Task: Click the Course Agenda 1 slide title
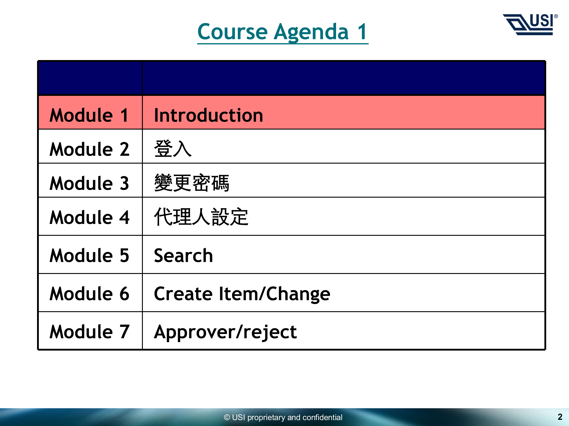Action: pos(283,32)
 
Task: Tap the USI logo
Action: pos(530,25)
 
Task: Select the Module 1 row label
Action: pos(89,115)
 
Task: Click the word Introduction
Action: pos(208,115)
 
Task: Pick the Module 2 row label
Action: pos(89,149)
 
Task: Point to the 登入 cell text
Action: pos(173,149)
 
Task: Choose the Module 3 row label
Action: pos(89,183)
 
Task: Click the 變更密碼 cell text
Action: pos(192,183)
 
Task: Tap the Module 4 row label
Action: pos(89,217)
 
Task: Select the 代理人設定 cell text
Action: pos(201,217)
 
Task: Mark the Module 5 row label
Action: pos(89,255)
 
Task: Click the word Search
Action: pos(183,255)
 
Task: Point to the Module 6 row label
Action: pos(89,293)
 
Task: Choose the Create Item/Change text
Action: pos(242,294)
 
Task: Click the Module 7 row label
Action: pos(89,331)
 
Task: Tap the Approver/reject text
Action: pos(226,332)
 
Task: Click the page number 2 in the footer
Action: pos(560,417)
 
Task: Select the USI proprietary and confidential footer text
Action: pos(287,417)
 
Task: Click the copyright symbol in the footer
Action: pos(227,417)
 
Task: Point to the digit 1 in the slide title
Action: pos(362,32)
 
